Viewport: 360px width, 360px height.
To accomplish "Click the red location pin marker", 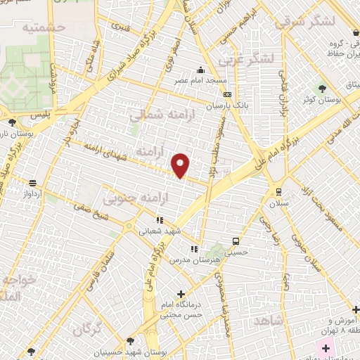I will click(181, 165).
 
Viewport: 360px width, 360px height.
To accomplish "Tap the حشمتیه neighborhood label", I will click(43, 28).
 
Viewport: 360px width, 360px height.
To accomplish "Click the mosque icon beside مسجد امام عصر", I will click(201, 70).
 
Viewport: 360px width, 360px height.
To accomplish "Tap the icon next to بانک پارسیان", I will click(227, 95).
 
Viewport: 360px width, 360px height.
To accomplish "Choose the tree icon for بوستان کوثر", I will click(323, 89).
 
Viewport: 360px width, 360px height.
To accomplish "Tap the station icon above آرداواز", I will click(32, 183).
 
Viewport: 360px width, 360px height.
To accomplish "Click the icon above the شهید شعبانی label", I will click(160, 220).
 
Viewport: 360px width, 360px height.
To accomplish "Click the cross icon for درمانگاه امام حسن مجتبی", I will click(181, 294).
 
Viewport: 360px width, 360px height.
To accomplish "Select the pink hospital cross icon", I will click(326, 347).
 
